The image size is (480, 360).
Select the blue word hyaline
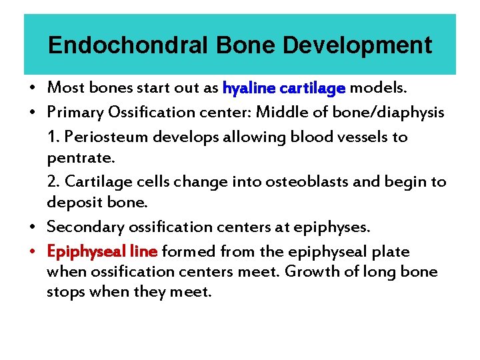tap(249, 88)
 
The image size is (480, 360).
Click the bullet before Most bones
tap(33, 88)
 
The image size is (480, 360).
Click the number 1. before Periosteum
tap(53, 137)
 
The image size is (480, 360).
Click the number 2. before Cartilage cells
tap(54, 182)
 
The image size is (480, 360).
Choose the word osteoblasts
tap(308, 182)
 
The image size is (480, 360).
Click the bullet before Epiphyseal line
tap(33, 252)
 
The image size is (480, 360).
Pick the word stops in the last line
tap(63, 292)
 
